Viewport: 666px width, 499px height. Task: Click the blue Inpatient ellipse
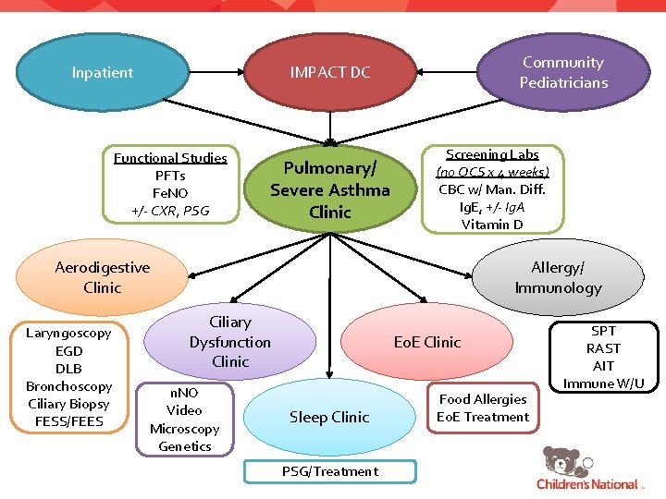pyautogui.click(x=103, y=72)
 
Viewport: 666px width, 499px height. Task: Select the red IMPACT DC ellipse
pyautogui.click(x=330, y=72)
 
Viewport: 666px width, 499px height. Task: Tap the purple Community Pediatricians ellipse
pyautogui.click(x=563, y=72)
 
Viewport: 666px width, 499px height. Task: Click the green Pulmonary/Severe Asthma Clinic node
pyautogui.click(x=330, y=189)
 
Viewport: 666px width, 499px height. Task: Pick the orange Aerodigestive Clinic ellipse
pyautogui.click(x=102, y=277)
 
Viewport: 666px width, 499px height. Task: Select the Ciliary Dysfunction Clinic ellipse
pyautogui.click(x=230, y=342)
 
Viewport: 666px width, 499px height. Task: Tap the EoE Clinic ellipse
pyautogui.click(x=427, y=342)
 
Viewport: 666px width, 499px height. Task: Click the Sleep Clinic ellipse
pyautogui.click(x=329, y=418)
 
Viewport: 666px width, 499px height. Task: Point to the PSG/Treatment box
pyautogui.click(x=330, y=471)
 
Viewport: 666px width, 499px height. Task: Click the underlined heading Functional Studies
pyautogui.click(x=170, y=158)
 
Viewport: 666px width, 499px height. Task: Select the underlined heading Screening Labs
pyautogui.click(x=492, y=154)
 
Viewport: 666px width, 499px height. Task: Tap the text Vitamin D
pyautogui.click(x=492, y=225)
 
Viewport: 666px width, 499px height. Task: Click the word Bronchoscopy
pyautogui.click(x=69, y=386)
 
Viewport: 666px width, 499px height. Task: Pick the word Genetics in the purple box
pyautogui.click(x=185, y=446)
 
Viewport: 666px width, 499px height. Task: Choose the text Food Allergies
pyautogui.click(x=483, y=399)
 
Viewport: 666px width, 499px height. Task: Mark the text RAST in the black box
pyautogui.click(x=603, y=348)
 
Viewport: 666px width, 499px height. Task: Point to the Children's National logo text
pyautogui.click(x=587, y=484)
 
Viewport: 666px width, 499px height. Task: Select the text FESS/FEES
pyautogui.click(x=69, y=421)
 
